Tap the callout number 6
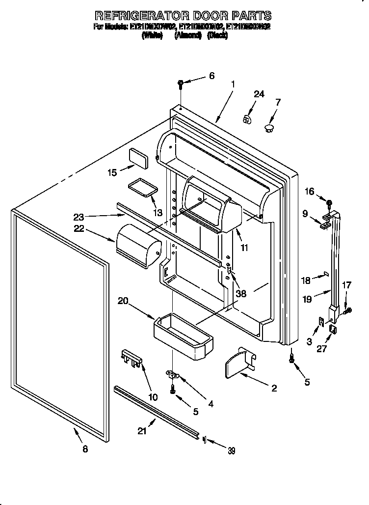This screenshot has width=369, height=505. click(211, 76)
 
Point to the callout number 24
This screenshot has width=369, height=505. click(259, 94)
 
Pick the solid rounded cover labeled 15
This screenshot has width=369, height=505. click(138, 158)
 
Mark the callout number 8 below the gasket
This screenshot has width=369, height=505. click(85, 449)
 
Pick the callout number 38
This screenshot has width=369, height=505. click(240, 293)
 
